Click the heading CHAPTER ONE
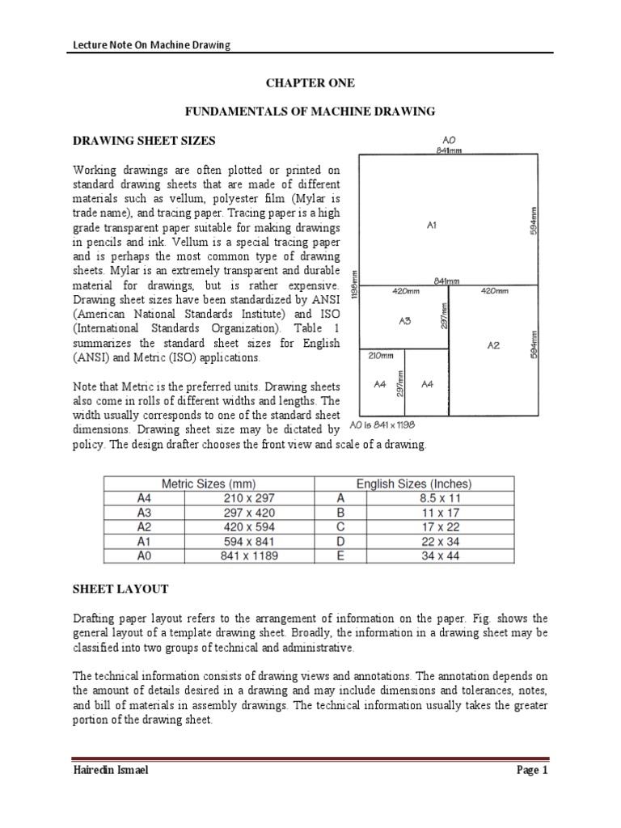[x=311, y=83]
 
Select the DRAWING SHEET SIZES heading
[x=145, y=141]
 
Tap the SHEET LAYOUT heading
[x=120, y=589]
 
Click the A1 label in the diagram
[x=433, y=226]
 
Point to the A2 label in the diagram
[x=494, y=344]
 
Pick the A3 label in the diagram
[x=405, y=320]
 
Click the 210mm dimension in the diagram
[x=381, y=355]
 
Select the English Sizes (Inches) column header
[x=414, y=484]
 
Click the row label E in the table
[x=340, y=556]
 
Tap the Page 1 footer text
[x=533, y=771]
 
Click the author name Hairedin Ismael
[x=111, y=771]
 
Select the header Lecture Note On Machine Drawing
[x=147, y=45]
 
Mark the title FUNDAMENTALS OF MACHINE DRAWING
[x=311, y=111]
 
